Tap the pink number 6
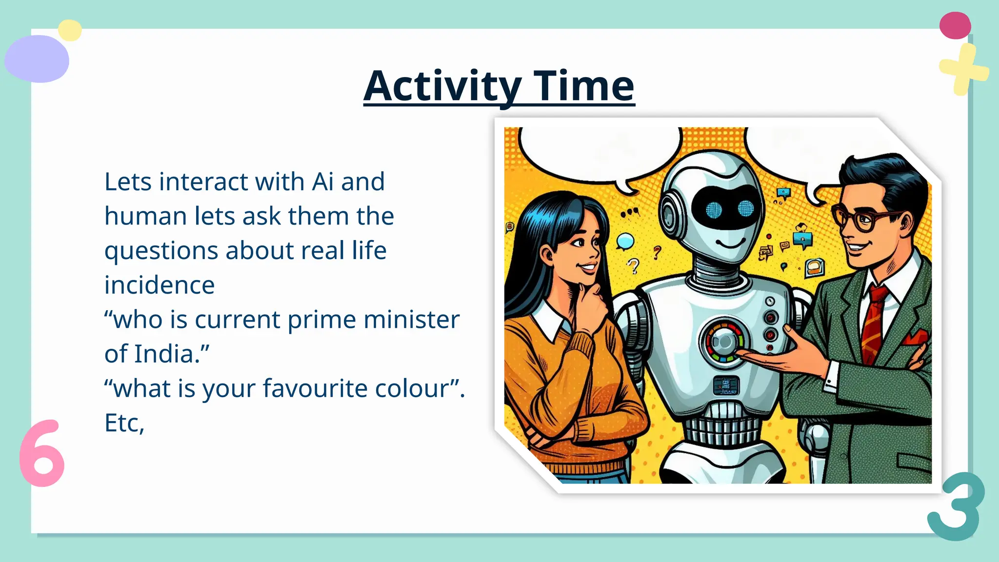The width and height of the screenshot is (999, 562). (42, 453)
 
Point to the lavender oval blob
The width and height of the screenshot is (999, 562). (37, 59)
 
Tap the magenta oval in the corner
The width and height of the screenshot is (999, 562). (955, 25)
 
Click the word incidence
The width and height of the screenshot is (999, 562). (160, 285)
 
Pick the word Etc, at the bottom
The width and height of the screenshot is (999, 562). (124, 423)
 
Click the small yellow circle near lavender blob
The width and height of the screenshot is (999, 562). (70, 30)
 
